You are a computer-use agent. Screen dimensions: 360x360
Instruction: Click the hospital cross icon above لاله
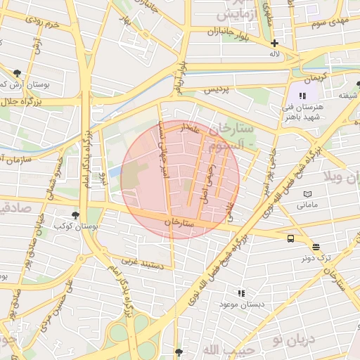click(x=274, y=43)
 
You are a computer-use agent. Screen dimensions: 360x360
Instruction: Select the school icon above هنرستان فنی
click(x=303, y=96)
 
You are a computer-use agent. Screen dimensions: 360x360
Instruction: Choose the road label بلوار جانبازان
click(x=234, y=31)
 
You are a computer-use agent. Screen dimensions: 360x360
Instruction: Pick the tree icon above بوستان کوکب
click(x=75, y=215)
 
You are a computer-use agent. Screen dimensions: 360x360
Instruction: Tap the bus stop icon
click(x=290, y=238)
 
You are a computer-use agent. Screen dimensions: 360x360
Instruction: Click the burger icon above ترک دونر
click(x=316, y=247)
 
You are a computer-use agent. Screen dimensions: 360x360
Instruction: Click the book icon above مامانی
click(x=307, y=193)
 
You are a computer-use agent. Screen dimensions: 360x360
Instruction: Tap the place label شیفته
click(x=349, y=96)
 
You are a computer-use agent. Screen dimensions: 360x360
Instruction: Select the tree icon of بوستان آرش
click(x=17, y=72)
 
